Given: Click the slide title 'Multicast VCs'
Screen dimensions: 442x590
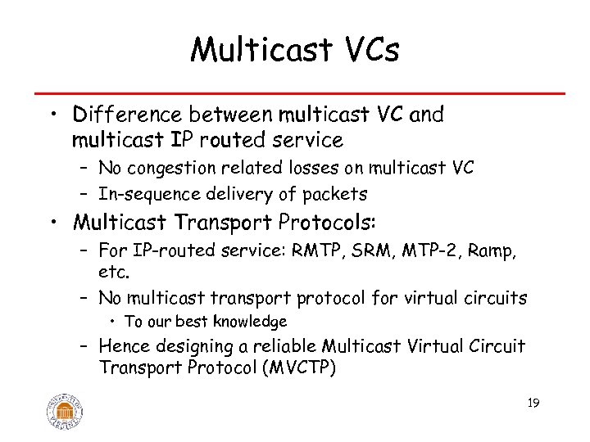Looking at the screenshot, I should (x=294, y=51).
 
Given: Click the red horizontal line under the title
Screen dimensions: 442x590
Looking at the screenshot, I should (x=295, y=93).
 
